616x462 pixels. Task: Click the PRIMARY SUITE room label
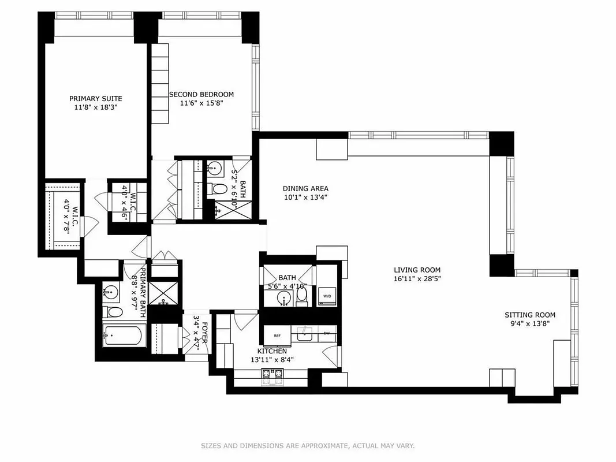(x=96, y=98)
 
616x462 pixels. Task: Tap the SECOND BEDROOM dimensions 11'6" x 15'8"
(x=201, y=103)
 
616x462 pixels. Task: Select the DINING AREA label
(x=305, y=188)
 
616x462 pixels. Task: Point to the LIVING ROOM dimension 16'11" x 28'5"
(x=417, y=279)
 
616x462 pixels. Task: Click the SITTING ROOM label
(x=530, y=315)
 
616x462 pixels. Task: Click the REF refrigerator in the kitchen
(x=277, y=335)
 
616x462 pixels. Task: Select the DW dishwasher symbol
(x=327, y=333)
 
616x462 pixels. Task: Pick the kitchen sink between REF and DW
(x=303, y=334)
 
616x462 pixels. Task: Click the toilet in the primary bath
(x=114, y=312)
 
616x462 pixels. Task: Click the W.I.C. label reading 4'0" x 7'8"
(x=70, y=214)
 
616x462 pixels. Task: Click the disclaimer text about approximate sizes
(x=308, y=446)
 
